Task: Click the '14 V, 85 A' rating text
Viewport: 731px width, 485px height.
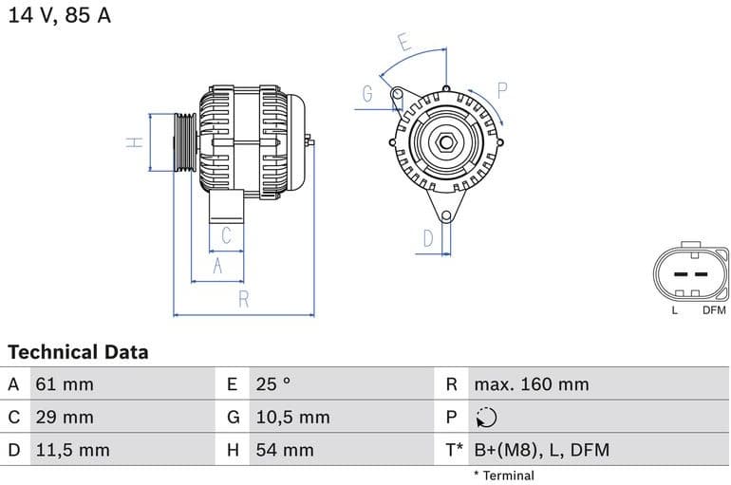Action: pyautogui.click(x=60, y=15)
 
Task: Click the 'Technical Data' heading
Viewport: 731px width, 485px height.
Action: pyautogui.click(x=78, y=352)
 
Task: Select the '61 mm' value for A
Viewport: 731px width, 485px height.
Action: pyautogui.click(x=65, y=384)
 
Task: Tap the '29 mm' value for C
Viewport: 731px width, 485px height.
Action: pyautogui.click(x=65, y=417)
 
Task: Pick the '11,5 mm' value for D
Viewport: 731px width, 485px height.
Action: pyautogui.click(x=72, y=450)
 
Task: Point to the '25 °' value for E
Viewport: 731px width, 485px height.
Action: pyautogui.click(x=273, y=384)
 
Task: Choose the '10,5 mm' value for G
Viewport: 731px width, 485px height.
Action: pyautogui.click(x=292, y=417)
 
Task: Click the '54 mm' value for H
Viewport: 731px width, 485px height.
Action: pyautogui.click(x=285, y=450)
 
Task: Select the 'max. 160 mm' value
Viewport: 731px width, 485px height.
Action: pyautogui.click(x=532, y=384)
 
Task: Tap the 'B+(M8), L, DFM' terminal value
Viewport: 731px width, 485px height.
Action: pyautogui.click(x=541, y=450)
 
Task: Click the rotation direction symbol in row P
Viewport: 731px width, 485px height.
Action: pyautogui.click(x=485, y=417)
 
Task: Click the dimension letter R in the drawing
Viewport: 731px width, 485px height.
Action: pyautogui.click(x=243, y=300)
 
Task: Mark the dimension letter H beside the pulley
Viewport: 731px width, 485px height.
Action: pyautogui.click(x=135, y=142)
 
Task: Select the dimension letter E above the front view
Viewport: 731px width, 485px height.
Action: pyautogui.click(x=403, y=42)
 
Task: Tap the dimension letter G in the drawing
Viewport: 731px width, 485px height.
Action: pyautogui.click(x=367, y=93)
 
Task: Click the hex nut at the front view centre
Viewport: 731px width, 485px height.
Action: pyautogui.click(x=445, y=143)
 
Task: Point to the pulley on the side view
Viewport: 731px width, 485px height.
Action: pyautogui.click(x=183, y=142)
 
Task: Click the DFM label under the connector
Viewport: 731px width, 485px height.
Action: pyautogui.click(x=714, y=310)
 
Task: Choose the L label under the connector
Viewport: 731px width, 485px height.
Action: pyautogui.click(x=675, y=310)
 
